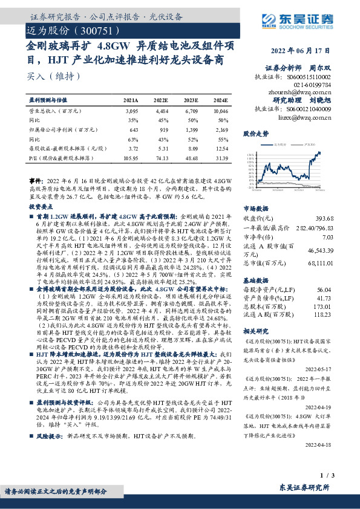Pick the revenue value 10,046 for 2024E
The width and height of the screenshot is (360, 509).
coord(220,112)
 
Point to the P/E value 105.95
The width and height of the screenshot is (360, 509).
coord(131,157)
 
